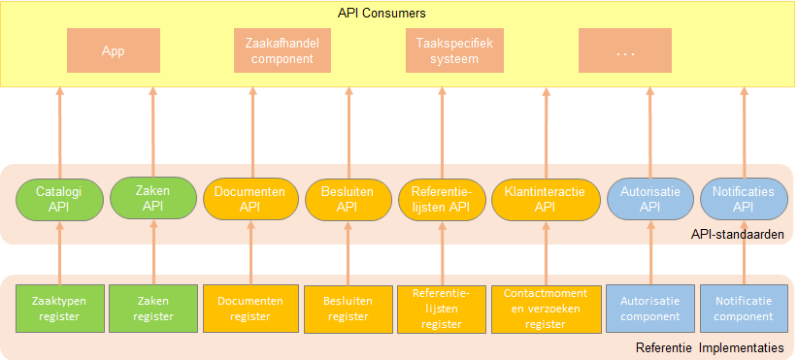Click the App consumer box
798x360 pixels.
(113, 50)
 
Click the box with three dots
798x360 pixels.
(624, 50)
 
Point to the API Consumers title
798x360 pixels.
(382, 13)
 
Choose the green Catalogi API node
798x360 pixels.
(59, 199)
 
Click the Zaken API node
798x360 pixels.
(153, 199)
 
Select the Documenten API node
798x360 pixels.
(250, 199)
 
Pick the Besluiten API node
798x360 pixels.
(347, 199)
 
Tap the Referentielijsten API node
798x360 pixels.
(441, 199)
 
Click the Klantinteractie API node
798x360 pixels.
(545, 199)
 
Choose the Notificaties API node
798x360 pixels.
(744, 199)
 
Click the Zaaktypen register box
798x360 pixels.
(59, 308)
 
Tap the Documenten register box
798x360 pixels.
(250, 308)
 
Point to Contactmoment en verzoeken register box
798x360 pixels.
(545, 308)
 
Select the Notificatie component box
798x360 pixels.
(744, 308)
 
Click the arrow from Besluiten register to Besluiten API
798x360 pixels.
(347, 254)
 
